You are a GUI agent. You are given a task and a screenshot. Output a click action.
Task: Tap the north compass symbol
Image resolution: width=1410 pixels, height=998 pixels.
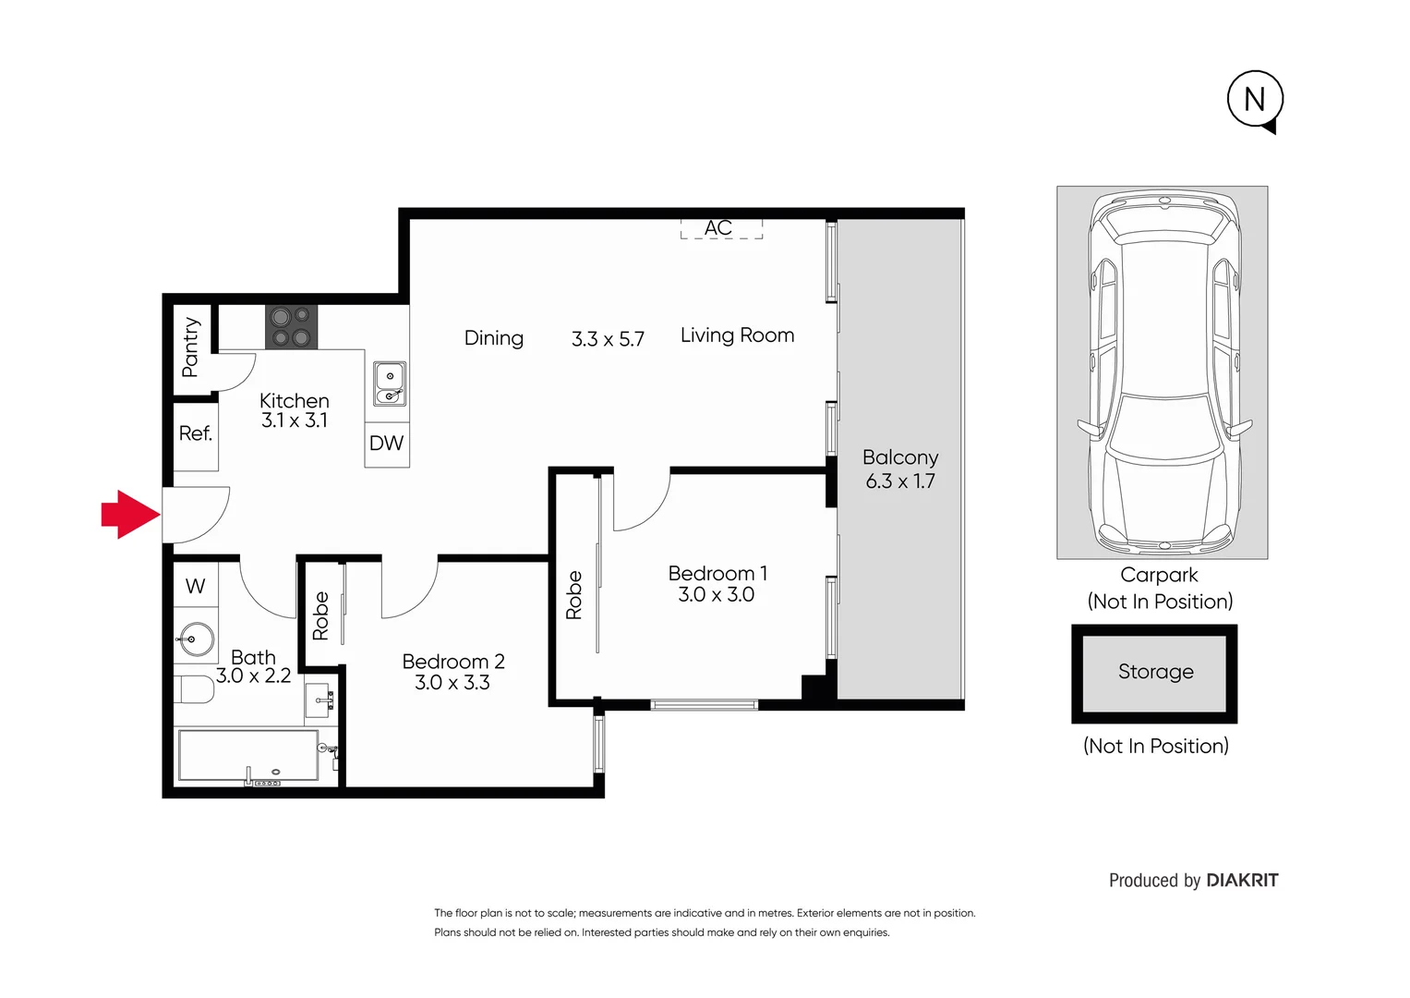pos(1255,99)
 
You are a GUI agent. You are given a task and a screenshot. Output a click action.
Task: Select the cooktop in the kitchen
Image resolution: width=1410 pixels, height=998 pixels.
pos(291,327)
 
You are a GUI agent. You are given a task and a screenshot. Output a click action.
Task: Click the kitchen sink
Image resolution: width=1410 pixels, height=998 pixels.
pos(390,384)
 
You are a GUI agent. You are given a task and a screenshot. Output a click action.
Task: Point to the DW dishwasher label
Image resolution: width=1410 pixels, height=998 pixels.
pos(386,444)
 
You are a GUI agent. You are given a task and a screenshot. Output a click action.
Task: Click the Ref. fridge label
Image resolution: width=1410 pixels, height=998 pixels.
pos(196,433)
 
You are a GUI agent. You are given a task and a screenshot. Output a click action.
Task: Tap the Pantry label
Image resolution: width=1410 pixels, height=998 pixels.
pos(191,347)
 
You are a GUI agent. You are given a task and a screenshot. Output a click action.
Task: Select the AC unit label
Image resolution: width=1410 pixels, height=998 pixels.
pos(718,228)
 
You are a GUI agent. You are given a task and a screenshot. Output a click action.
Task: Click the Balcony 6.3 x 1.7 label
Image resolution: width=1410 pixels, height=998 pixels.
pos(900,469)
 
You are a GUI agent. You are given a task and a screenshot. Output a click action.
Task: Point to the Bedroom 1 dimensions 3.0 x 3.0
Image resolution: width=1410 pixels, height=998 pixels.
pos(717,595)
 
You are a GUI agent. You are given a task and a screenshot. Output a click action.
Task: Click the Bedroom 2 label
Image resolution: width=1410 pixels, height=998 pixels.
pos(453,662)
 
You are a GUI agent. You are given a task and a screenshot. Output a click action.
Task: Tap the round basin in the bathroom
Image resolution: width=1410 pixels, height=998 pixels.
pos(196,639)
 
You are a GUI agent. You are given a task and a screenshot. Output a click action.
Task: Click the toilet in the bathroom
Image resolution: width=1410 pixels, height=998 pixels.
pos(195,689)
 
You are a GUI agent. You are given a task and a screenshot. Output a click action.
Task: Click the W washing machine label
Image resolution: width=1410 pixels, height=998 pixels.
pos(196,586)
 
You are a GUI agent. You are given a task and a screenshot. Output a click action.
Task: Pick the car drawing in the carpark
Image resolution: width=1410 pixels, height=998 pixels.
pos(1163,372)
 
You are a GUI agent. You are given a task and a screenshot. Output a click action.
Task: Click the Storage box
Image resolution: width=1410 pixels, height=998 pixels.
pos(1154,673)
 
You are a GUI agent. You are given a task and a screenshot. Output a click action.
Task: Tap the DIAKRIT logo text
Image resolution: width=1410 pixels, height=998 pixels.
pos(1243,881)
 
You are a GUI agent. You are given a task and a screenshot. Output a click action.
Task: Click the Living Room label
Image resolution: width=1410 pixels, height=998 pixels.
pos(737,335)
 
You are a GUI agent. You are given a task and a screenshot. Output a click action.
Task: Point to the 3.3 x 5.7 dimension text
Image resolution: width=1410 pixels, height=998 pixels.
pos(608,339)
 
